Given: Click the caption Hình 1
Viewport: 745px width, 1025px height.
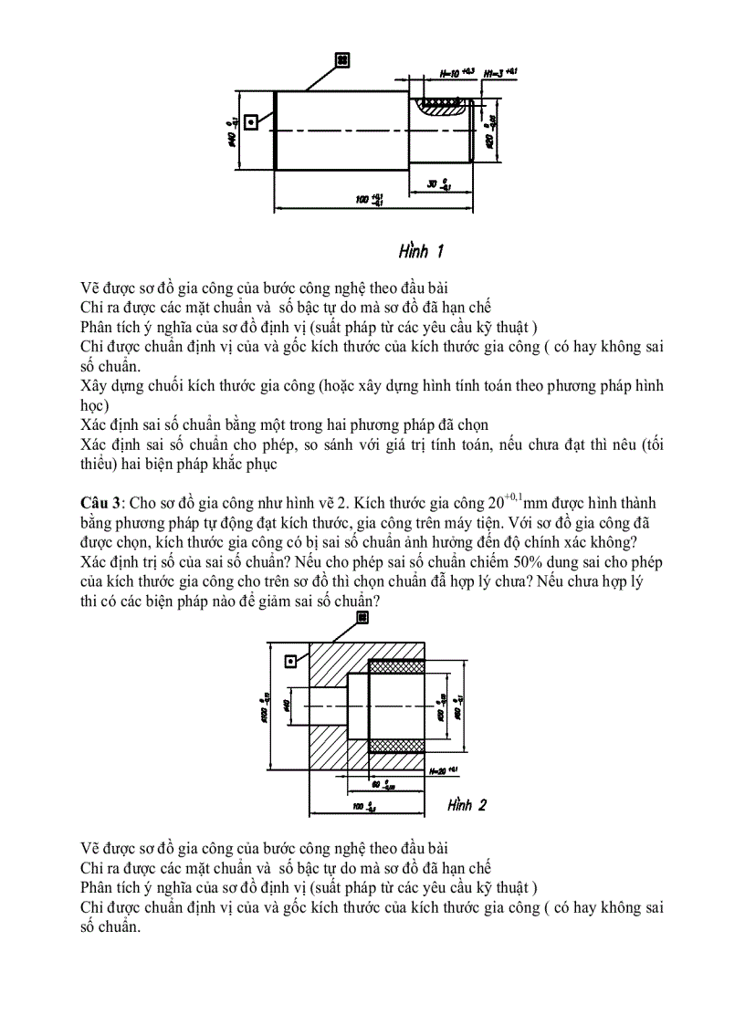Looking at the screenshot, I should click(421, 250).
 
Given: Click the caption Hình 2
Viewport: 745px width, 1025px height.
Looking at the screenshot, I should click(467, 804).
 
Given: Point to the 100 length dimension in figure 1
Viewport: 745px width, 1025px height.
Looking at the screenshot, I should click(370, 199).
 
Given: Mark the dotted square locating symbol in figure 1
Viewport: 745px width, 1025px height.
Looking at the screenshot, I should click(250, 122).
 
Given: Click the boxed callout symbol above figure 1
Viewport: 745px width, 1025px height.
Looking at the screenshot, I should click(342, 60).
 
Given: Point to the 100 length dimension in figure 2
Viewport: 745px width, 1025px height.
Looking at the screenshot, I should click(363, 807).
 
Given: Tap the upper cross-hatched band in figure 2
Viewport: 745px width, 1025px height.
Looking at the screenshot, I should click(395, 667).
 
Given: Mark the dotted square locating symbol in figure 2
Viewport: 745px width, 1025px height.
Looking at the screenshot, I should click(291, 661).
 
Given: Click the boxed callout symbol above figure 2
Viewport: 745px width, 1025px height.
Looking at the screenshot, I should click(362, 618).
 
